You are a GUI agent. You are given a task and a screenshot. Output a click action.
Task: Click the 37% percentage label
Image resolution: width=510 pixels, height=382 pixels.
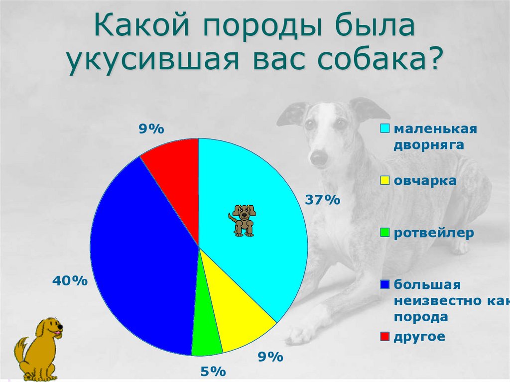pyautogui.click(x=322, y=200)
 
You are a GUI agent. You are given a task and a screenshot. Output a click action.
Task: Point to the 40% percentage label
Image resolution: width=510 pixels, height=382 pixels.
pyautogui.click(x=70, y=281)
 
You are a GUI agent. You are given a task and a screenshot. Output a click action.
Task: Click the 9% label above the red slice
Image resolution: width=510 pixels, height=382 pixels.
pyautogui.click(x=151, y=129)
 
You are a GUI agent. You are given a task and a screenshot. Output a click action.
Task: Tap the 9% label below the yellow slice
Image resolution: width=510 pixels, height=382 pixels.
pyautogui.click(x=270, y=357)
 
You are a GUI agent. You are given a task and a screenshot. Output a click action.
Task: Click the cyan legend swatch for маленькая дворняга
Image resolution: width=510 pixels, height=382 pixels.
pyautogui.click(x=385, y=129)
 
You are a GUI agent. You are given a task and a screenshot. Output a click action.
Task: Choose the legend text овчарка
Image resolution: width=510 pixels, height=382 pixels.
pyautogui.click(x=425, y=181)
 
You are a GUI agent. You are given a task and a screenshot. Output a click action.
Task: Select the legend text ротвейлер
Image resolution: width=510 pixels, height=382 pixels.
pyautogui.click(x=434, y=233)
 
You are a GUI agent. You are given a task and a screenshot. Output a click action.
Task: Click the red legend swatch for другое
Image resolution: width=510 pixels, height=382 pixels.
pyautogui.click(x=385, y=337)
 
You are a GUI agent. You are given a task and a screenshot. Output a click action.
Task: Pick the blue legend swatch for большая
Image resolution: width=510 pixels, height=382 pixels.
pyautogui.click(x=385, y=284)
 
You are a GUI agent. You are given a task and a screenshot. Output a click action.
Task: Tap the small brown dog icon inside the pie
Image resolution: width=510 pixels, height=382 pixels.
pyautogui.click(x=243, y=220)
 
